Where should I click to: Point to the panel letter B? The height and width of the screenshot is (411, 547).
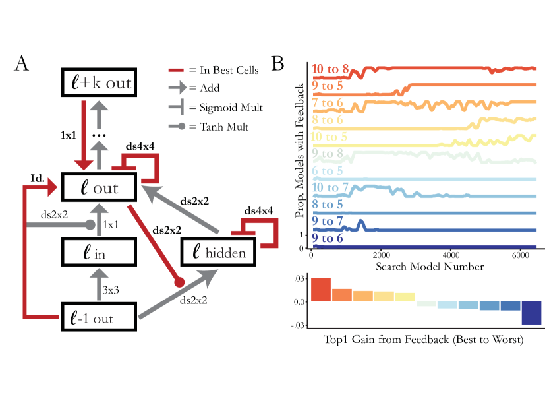click(x=278, y=63)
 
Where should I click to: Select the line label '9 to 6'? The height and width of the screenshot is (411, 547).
click(x=327, y=239)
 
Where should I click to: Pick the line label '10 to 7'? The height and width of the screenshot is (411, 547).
click(x=331, y=189)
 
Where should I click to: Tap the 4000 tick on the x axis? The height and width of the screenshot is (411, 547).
click(x=451, y=254)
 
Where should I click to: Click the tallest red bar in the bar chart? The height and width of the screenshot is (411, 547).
click(x=320, y=290)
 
